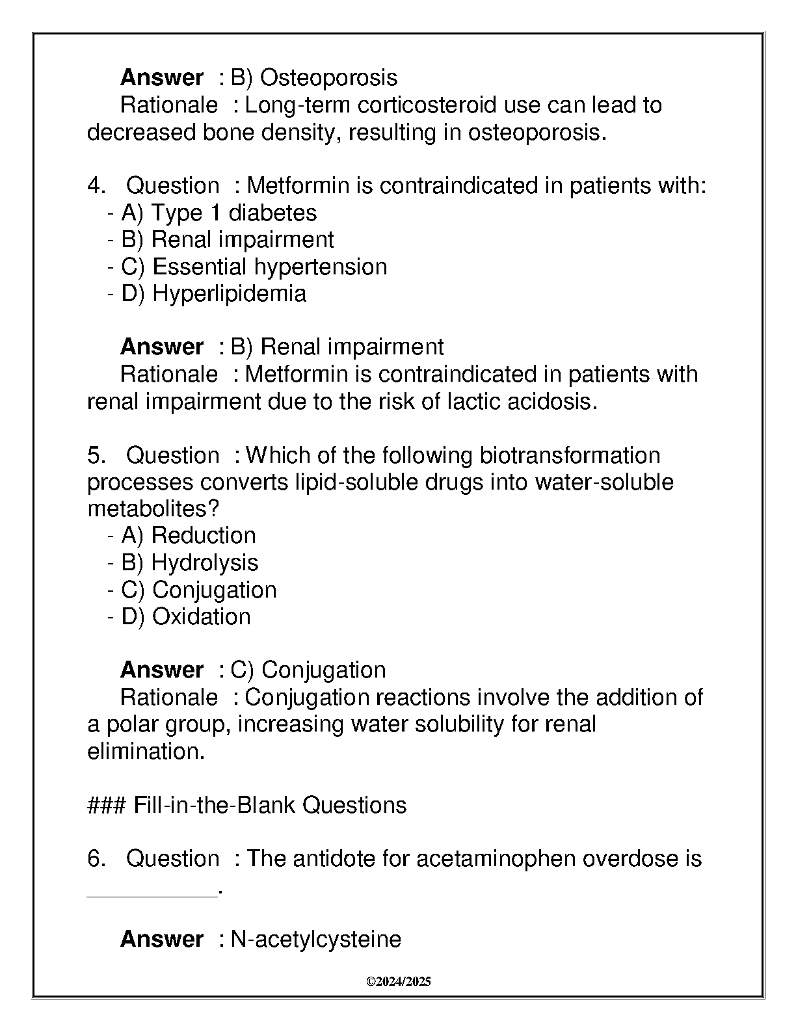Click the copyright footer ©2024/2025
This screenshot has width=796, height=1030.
398,982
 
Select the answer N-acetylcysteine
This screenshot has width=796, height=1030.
316,939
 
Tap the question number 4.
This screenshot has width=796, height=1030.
96,186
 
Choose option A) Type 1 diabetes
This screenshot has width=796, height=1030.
219,213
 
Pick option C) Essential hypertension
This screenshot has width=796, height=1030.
254,267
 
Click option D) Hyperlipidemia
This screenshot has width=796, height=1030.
214,293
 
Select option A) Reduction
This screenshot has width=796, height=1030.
189,535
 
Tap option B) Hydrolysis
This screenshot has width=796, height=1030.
190,562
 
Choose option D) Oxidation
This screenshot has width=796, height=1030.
186,616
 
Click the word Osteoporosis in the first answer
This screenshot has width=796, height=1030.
328,78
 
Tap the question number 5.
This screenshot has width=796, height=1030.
96,455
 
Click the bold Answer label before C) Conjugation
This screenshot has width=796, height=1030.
161,670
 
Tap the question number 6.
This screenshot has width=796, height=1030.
96,859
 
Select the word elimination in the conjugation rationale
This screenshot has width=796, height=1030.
144,752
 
